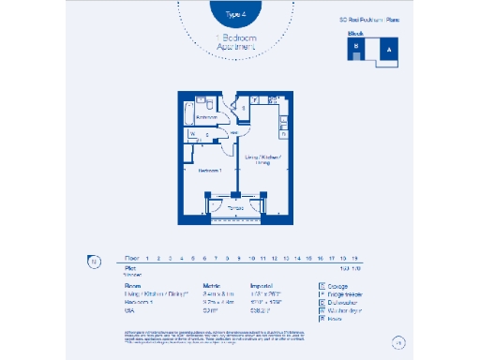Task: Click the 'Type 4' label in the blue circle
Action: (237, 15)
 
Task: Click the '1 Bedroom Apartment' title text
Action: (238, 42)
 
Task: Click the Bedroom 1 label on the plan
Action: (208, 170)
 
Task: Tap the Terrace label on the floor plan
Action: (236, 206)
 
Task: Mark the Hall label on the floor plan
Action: (232, 133)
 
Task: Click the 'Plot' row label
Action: (129, 267)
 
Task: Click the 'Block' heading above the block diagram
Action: (355, 34)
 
